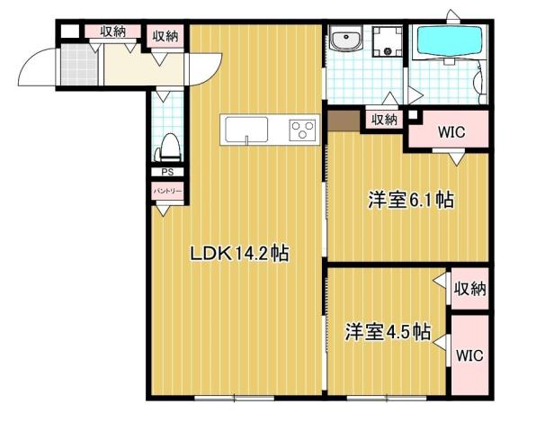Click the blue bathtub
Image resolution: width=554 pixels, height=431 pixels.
pyautogui.click(x=449, y=41)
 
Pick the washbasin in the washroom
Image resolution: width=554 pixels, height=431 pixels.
pyautogui.click(x=344, y=42)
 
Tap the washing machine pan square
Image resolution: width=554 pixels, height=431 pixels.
pyautogui.click(x=389, y=41)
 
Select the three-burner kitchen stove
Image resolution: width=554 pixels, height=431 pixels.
pyautogui.click(x=301, y=130)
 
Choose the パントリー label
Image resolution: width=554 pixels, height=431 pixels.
pyautogui.click(x=167, y=192)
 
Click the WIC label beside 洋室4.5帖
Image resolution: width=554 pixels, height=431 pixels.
pyautogui.click(x=468, y=355)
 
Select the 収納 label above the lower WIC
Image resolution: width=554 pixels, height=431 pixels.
pyautogui.click(x=469, y=289)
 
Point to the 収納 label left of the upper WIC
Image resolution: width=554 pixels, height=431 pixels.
pyautogui.click(x=385, y=118)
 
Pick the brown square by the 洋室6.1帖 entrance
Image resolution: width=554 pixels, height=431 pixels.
pyautogui.click(x=341, y=119)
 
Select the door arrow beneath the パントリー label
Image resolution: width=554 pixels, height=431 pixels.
pyautogui.click(x=165, y=211)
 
